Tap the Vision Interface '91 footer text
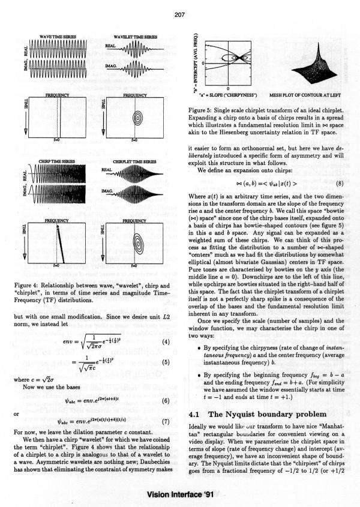tap(179, 494)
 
